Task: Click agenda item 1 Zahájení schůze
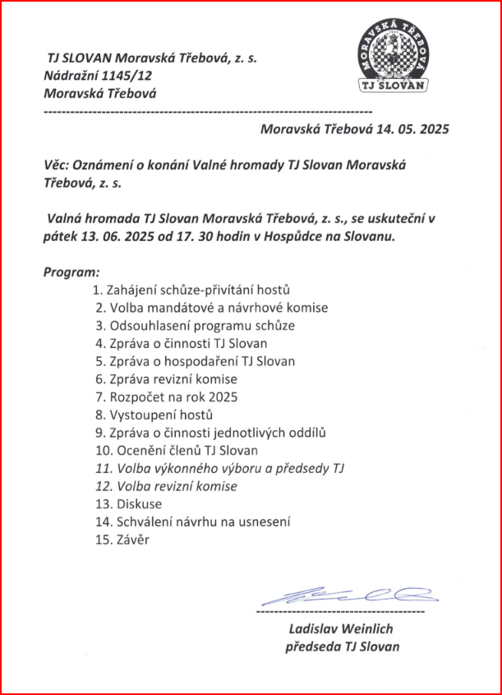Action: click(192, 290)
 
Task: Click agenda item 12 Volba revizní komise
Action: click(177, 486)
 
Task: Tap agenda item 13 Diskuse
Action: click(139, 504)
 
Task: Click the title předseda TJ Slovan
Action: click(342, 646)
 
